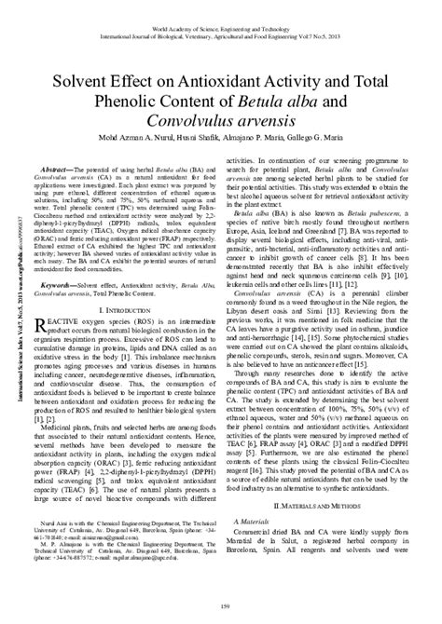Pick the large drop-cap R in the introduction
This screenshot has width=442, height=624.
(55, 298)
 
